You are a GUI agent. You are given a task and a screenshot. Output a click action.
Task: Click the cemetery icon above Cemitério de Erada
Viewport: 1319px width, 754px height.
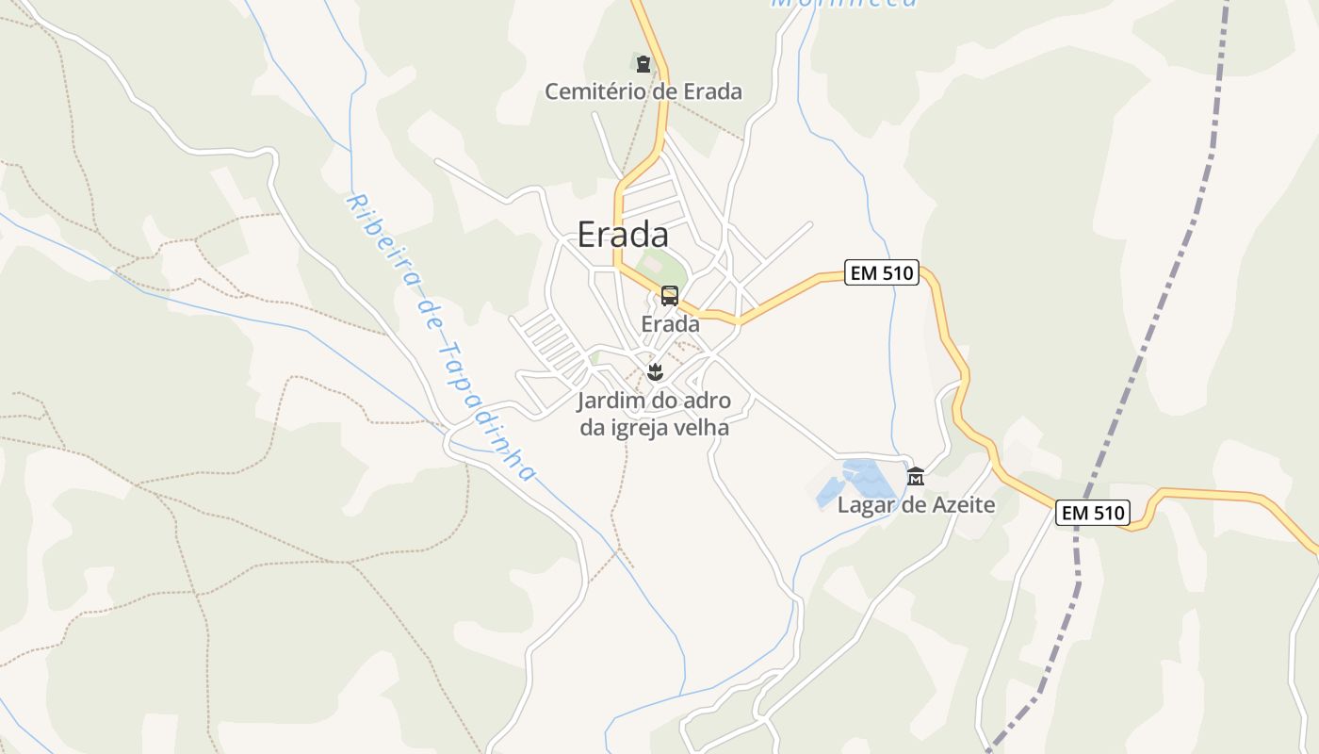tap(643, 64)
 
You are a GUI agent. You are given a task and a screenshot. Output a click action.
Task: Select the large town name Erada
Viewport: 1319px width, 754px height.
tap(623, 235)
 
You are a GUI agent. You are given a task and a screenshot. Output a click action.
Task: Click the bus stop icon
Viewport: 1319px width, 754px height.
tap(670, 296)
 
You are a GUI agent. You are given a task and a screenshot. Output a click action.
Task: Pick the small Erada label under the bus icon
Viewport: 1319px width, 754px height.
tap(670, 324)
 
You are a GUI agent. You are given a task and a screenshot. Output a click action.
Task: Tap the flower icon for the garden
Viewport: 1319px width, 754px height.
tap(656, 372)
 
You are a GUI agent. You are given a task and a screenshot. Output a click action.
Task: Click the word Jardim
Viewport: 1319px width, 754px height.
tap(606, 401)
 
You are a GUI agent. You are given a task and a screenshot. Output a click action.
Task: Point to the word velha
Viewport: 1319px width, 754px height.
tap(704, 427)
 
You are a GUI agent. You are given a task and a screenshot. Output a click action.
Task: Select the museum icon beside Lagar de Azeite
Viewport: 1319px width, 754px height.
tap(915, 477)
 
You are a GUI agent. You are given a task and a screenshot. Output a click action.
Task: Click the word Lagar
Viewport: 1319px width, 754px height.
tap(865, 505)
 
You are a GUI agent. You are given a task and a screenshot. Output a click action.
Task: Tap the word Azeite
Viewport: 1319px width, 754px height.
tap(963, 505)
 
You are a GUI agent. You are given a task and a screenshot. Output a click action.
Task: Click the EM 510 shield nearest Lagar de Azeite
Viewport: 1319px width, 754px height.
tap(1092, 513)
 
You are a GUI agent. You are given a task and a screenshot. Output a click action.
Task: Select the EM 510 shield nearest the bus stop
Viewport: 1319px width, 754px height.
tap(881, 273)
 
